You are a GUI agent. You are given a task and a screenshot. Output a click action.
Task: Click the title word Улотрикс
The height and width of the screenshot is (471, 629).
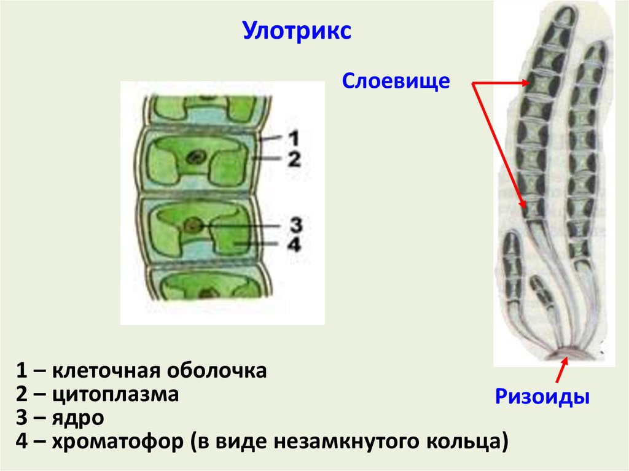pos(297,31)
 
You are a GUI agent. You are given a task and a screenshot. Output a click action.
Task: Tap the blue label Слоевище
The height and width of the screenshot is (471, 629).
pos(396,81)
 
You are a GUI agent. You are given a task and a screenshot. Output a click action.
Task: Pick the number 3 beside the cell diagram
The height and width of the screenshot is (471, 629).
pos(294,225)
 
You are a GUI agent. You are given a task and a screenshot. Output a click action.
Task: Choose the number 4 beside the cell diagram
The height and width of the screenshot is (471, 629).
pos(294,244)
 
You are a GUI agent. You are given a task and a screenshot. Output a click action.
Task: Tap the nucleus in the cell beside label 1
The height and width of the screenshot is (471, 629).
pos(198,156)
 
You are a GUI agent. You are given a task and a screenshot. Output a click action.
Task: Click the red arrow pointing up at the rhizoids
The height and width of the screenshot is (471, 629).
pos(561,371)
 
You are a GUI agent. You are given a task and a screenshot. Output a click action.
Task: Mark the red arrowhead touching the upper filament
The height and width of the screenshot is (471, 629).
pos(527,82)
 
